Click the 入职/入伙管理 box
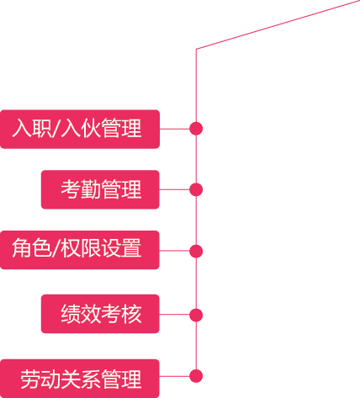(x=80, y=129)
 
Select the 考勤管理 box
(x=100, y=189)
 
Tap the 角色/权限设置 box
(x=80, y=250)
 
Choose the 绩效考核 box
(x=100, y=314)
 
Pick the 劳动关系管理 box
(x=80, y=379)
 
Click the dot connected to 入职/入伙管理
(x=196, y=129)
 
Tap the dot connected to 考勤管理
(x=196, y=189)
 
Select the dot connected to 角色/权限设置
(x=196, y=251)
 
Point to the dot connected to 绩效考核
(x=196, y=315)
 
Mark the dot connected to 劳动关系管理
(x=196, y=376)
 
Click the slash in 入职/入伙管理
(x=56, y=128)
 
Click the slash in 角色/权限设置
(x=56, y=248)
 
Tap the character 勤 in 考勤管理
(x=91, y=189)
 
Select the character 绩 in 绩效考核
(x=71, y=314)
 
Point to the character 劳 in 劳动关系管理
(x=30, y=379)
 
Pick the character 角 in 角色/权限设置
(x=22, y=248)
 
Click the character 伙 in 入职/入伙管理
(x=91, y=128)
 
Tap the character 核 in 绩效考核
(x=131, y=314)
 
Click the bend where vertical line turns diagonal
(x=196, y=49)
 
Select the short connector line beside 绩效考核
(x=174, y=314)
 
